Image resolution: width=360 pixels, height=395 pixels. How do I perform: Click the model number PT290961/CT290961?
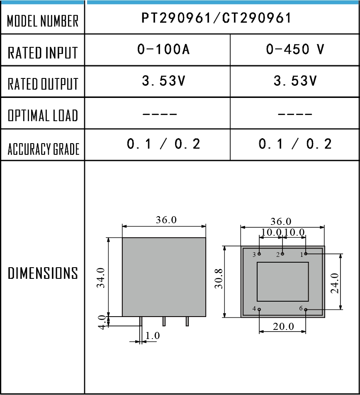216,18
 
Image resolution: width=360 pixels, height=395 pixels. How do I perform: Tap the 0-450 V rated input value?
295,49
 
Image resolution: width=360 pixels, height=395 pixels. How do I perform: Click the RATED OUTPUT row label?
43,84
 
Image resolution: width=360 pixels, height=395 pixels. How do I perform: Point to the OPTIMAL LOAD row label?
43,115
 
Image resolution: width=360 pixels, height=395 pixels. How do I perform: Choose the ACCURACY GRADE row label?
43,149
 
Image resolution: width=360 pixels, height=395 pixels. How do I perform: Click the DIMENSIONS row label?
43,273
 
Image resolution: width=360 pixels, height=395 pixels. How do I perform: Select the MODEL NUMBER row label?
43,21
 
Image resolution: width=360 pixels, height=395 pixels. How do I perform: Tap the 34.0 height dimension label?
101,278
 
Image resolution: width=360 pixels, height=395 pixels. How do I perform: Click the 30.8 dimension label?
219,279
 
